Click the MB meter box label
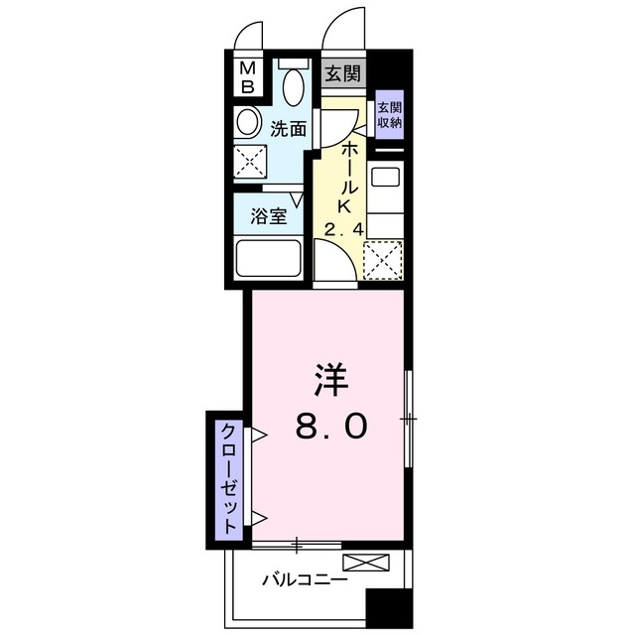[x=247, y=78]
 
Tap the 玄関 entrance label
[x=343, y=73]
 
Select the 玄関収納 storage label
[x=390, y=115]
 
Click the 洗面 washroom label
[x=288, y=128]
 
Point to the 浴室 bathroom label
[x=269, y=216]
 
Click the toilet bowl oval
[x=294, y=86]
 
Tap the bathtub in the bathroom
[x=269, y=259]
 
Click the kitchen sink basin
[x=386, y=174]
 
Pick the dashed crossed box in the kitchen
[x=383, y=260]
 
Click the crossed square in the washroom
[x=250, y=161]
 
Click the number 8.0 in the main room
[x=331, y=426]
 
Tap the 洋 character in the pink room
[x=331, y=379]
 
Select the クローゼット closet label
[x=229, y=478]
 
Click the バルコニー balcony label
[x=305, y=580]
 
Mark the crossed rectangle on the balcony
[x=366, y=563]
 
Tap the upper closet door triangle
[x=258, y=435]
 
